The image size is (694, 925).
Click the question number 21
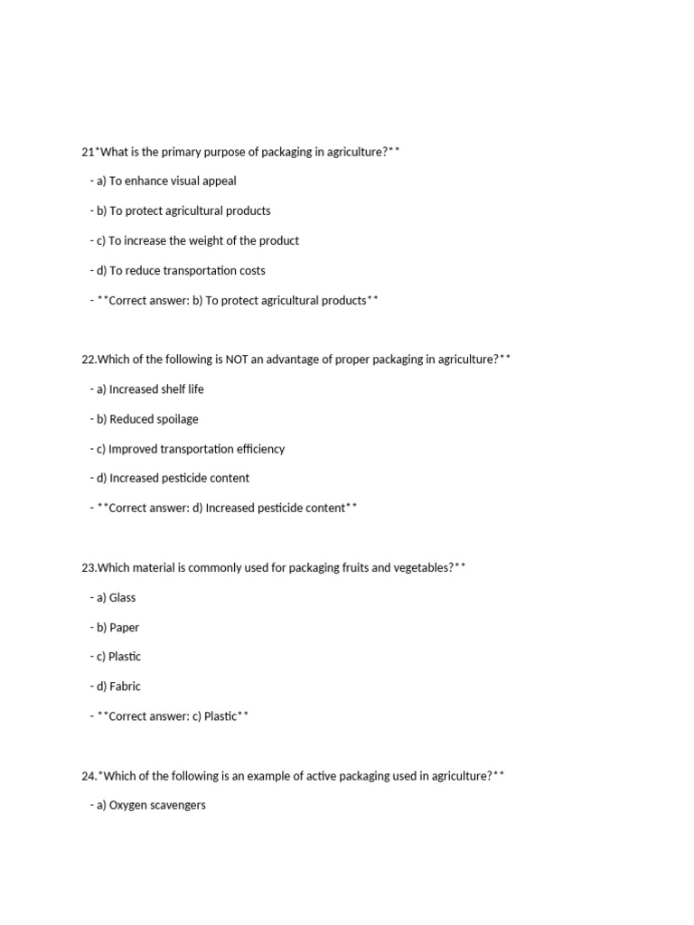(x=87, y=152)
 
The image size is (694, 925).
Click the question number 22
(x=88, y=360)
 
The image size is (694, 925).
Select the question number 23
(x=88, y=567)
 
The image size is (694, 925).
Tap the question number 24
(x=88, y=775)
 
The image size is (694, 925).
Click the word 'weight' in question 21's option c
(x=211, y=240)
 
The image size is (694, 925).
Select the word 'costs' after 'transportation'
(x=249, y=270)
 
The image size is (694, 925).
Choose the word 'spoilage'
(x=176, y=419)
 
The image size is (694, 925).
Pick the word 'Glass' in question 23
(x=122, y=597)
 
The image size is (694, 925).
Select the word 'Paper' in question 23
(x=124, y=627)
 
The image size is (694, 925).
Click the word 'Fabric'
(x=125, y=687)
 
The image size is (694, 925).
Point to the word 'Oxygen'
(x=129, y=805)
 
